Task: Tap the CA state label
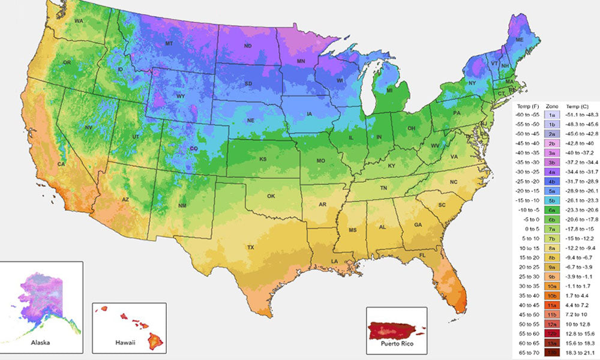(61, 164)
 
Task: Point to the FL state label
(422, 255)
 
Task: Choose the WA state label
(79, 21)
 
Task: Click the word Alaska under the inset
(41, 343)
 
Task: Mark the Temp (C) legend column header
(577, 104)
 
